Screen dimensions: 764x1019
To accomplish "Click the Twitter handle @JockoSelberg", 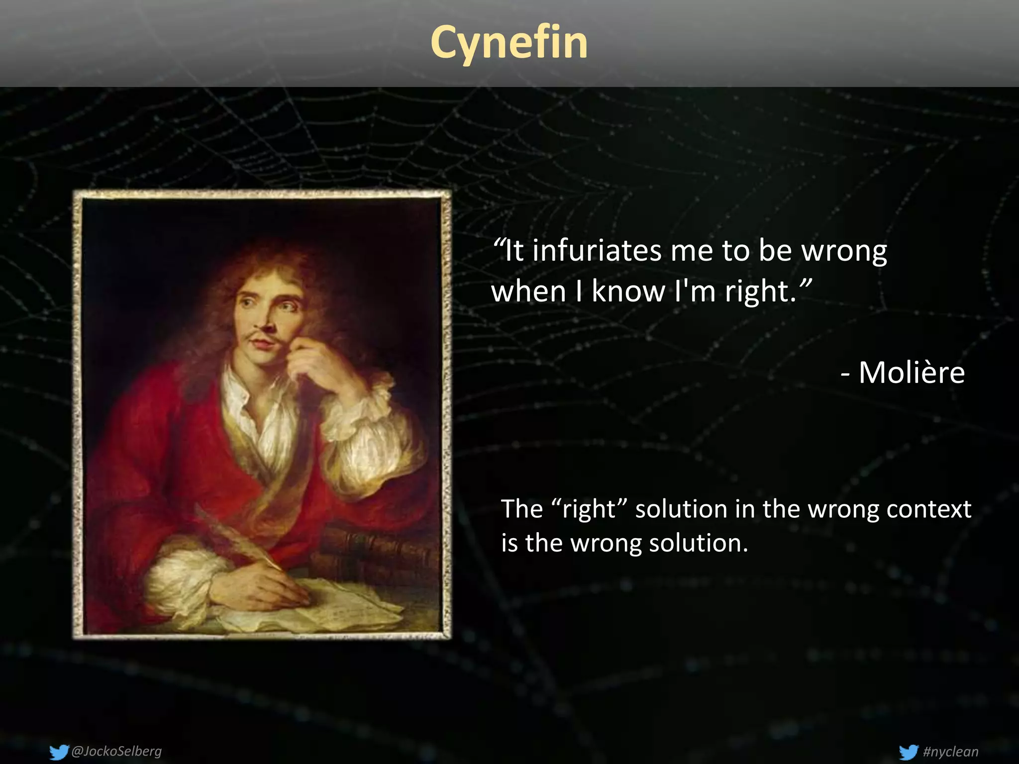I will tap(116, 751).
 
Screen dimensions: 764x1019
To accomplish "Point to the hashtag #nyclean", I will tap(950, 751).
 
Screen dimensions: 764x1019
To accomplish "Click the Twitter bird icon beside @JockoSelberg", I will tap(59, 752).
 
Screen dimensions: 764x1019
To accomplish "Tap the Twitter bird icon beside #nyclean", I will tap(909, 752).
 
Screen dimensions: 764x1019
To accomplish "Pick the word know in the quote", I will tap(628, 291).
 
